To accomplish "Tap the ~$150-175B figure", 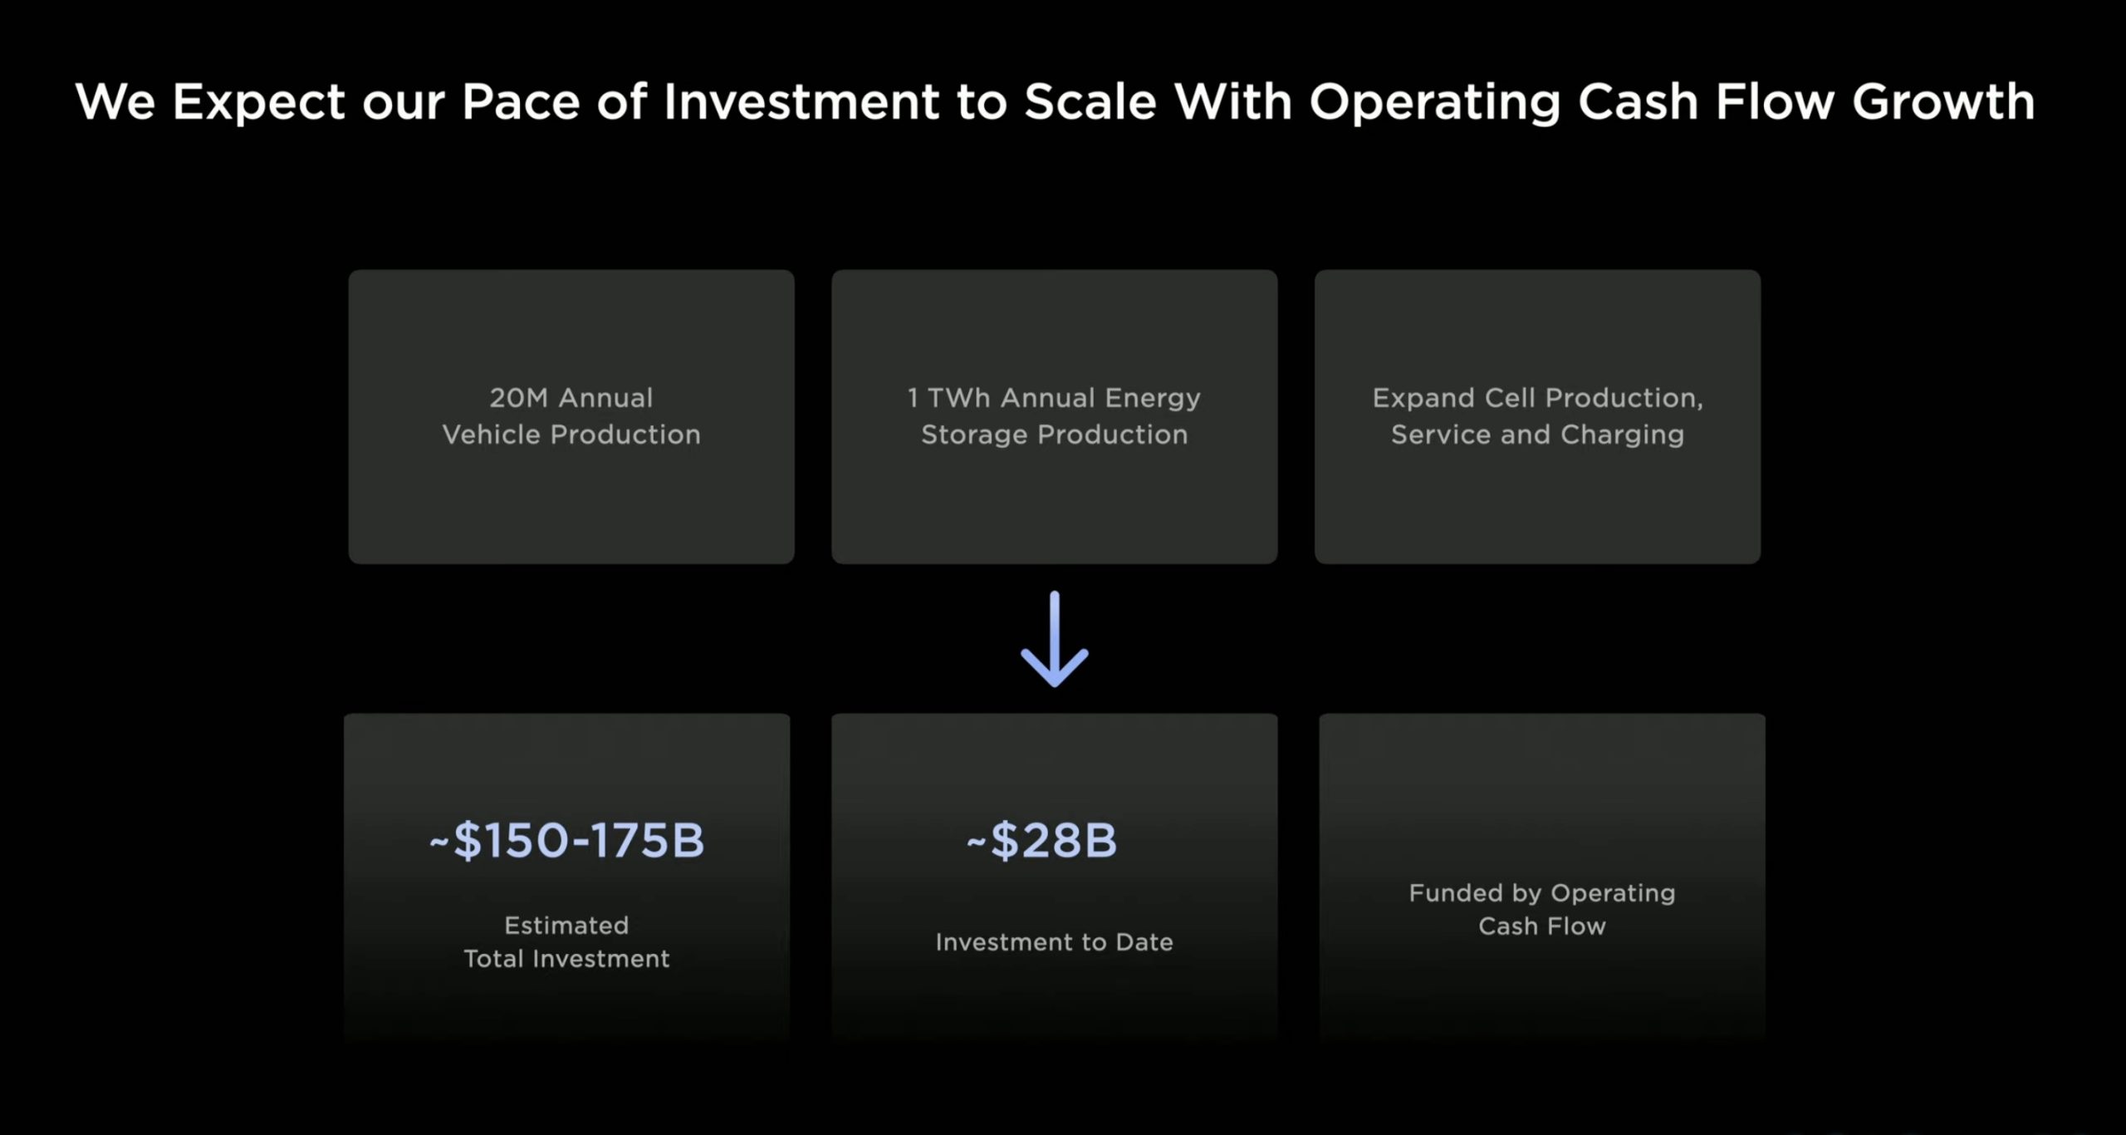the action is [566, 840].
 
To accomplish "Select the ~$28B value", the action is [1041, 840].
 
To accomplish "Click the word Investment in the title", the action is [801, 101].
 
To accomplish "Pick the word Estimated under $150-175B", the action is [566, 925].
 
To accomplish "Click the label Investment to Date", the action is [1054, 941].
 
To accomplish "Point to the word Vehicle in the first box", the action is [491, 435].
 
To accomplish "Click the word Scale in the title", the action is [1090, 101].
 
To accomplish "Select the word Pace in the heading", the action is [520, 101].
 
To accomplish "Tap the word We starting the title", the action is [115, 101].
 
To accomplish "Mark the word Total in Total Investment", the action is [494, 959].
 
